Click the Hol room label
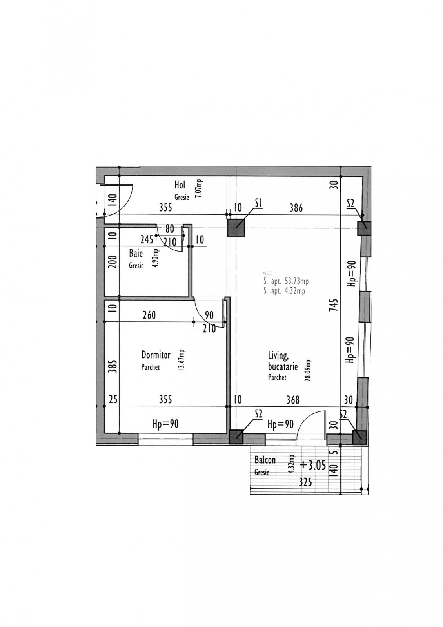pos(180,185)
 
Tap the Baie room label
pos(136,253)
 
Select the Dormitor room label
pos(156,355)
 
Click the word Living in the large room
pos(278,355)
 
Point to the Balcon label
pos(265,460)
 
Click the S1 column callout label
pos(258,203)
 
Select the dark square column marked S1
pos(236,228)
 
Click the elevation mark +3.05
pos(312,465)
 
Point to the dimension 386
pos(296,208)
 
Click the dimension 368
pos(292,400)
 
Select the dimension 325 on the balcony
pos(305,482)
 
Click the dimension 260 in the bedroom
pos(149,315)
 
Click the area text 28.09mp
pos(309,370)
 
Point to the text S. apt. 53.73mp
pos(286,281)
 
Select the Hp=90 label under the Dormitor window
pos(165,424)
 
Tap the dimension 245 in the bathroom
pos(147,239)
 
